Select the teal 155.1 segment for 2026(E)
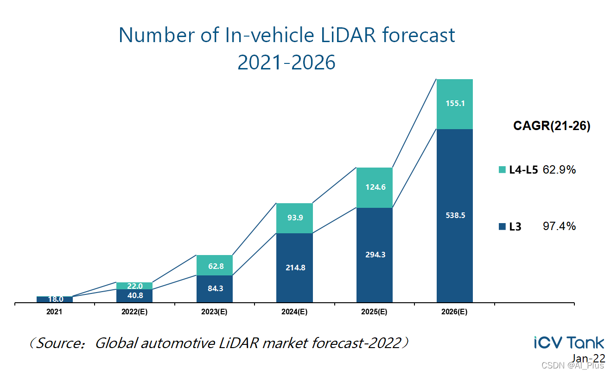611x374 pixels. [455, 104]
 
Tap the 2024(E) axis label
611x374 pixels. [294, 312]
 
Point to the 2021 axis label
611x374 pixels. [54, 312]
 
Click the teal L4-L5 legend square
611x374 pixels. [502, 170]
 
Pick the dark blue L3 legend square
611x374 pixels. [502, 227]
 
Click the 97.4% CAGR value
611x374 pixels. [559, 226]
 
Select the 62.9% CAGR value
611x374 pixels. [559, 170]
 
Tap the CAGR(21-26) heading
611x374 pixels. [552, 126]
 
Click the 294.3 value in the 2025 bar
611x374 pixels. [375, 255]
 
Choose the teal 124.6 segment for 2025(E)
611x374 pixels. [375, 187]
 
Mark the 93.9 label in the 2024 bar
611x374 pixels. [294, 218]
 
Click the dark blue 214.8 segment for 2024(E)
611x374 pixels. [294, 268]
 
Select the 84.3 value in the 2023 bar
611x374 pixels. [214, 289]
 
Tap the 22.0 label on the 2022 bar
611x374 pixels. [134, 286]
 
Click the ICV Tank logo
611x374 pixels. [569, 343]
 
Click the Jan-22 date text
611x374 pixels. [588, 358]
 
